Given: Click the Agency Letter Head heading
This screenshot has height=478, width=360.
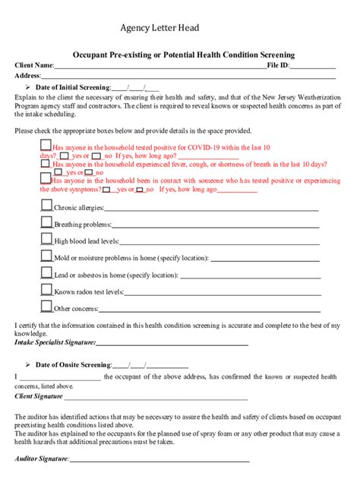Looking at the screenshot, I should click(x=159, y=28).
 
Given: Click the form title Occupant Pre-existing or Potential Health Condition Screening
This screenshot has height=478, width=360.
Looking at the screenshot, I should click(x=183, y=55).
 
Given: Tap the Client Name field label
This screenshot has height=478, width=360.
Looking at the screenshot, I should click(x=34, y=66).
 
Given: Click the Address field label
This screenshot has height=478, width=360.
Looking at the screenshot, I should click(x=27, y=76).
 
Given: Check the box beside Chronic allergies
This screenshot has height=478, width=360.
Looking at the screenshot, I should click(x=46, y=205).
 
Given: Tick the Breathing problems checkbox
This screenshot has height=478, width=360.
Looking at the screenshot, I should click(x=46, y=222).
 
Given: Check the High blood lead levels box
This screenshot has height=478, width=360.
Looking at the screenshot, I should click(x=46, y=240).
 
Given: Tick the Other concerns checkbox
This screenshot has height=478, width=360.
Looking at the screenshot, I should click(x=46, y=307).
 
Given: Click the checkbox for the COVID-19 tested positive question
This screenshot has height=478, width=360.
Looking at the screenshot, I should click(x=46, y=146).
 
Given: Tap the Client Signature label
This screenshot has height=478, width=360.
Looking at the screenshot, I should click(x=39, y=396).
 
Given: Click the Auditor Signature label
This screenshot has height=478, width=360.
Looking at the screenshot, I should click(x=42, y=459).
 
